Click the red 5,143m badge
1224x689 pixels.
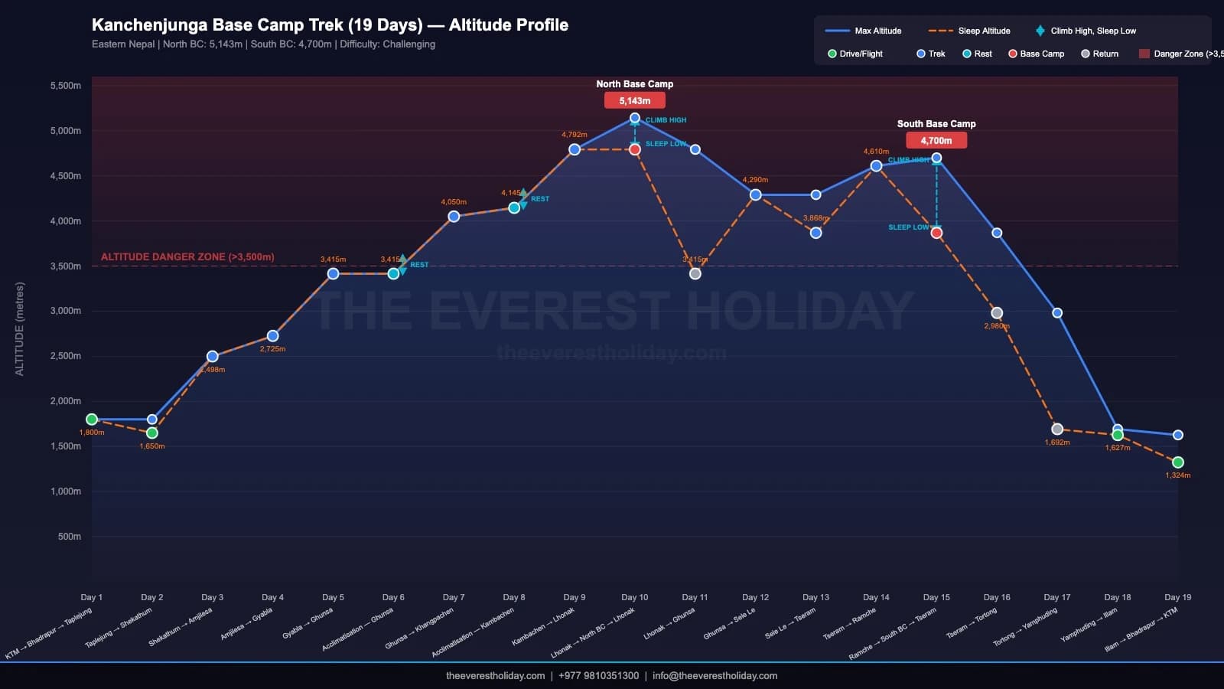[635, 101]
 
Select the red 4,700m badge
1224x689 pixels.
[936, 141]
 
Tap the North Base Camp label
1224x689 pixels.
[635, 84]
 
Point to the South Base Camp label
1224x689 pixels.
[936, 124]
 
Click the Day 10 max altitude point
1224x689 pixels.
[635, 118]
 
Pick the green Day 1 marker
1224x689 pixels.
[92, 420]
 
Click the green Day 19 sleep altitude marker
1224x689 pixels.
[1178, 462]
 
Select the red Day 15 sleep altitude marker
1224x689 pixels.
[936, 233]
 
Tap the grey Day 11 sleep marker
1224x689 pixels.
[695, 273]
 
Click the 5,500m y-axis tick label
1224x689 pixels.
[66, 86]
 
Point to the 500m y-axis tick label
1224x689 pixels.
[70, 537]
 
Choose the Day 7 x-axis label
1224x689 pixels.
[454, 597]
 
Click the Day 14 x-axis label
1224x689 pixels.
[876, 597]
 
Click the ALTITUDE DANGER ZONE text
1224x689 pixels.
[187, 257]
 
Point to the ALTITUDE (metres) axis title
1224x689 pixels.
[20, 329]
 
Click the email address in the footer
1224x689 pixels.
[715, 675]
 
